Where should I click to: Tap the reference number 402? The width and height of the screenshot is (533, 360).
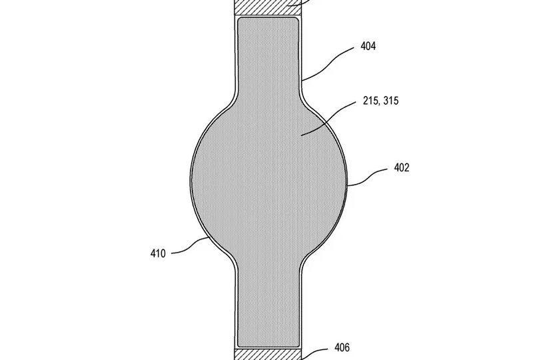(401, 168)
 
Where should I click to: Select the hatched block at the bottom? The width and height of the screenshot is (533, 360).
(268, 353)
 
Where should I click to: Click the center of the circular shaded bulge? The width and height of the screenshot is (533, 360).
(268, 180)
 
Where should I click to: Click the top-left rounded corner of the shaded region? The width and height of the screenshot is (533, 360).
(241, 21)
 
